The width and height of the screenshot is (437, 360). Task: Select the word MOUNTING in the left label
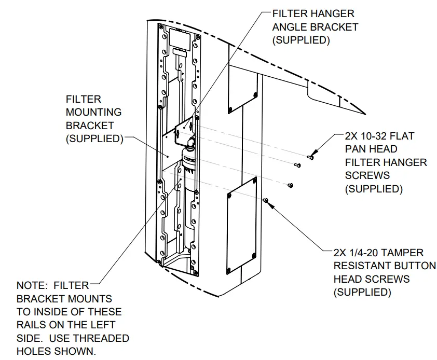93,112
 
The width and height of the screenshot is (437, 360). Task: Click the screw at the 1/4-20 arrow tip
265,200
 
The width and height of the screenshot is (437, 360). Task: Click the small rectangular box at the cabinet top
181,39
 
